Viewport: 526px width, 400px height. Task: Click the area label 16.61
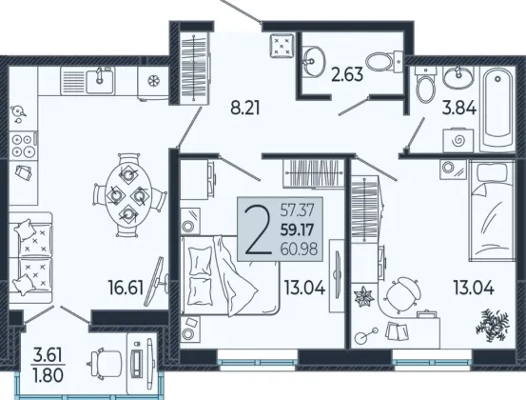click(126, 288)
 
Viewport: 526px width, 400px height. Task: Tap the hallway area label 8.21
click(245, 109)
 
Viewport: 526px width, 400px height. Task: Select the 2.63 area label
click(347, 74)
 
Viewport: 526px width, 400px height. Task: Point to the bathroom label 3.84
click(458, 109)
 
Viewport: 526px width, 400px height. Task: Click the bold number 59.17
click(297, 230)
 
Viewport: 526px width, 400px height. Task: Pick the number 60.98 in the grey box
click(299, 250)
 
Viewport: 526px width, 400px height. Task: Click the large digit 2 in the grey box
click(259, 230)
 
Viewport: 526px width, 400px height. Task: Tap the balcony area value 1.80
click(48, 375)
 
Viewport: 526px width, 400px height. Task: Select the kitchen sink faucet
click(99, 75)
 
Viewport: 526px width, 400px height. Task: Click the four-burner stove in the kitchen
click(23, 145)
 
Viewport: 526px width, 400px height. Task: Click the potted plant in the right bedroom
click(492, 326)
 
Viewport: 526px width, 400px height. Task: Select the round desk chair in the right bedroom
click(402, 295)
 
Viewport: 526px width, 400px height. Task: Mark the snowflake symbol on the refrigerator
click(154, 81)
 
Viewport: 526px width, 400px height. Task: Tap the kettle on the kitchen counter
click(17, 113)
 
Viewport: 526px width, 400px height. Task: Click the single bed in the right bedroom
click(492, 210)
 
